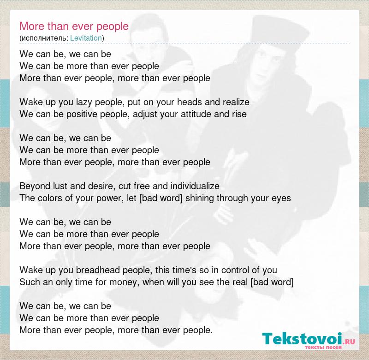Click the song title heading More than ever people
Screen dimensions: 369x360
(74, 26)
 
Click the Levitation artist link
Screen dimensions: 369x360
(86, 38)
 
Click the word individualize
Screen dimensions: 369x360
(195, 186)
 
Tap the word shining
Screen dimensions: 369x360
(200, 198)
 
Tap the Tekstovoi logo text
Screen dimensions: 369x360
(302, 339)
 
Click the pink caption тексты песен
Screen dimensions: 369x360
(323, 347)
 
